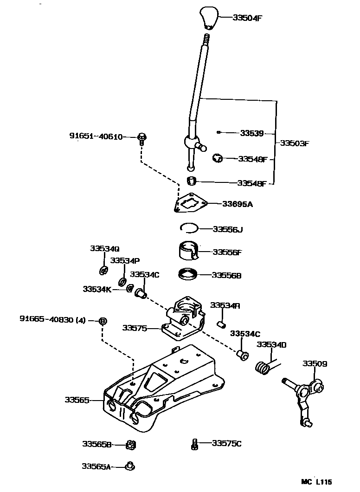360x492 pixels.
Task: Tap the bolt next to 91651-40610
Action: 142,138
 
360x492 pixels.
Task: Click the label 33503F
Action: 294,143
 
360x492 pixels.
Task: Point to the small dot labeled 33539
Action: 219,132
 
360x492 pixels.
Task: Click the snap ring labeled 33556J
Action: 189,227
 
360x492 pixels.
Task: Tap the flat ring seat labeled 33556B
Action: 188,274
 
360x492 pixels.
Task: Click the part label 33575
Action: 135,328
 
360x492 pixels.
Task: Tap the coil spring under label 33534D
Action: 263,367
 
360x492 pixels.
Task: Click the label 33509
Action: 315,363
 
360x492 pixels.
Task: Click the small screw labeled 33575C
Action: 195,444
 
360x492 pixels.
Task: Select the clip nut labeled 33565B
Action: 131,445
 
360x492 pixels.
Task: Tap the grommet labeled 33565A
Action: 130,465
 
